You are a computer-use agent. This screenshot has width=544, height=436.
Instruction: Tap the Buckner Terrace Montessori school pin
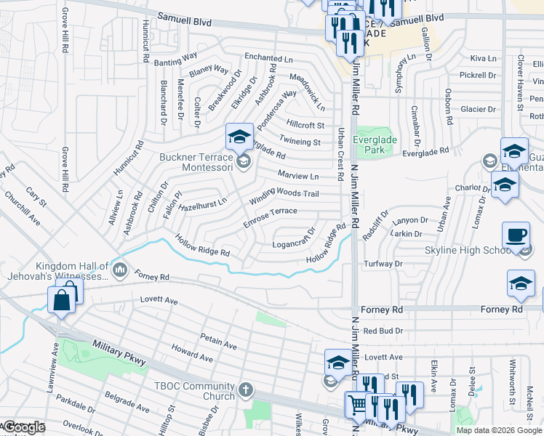coord(244,161)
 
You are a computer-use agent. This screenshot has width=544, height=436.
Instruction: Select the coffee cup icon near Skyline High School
coord(516,234)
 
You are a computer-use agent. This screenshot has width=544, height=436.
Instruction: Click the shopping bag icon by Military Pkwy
coord(61,299)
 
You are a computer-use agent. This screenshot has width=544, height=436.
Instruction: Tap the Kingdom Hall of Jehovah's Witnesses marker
coord(120,271)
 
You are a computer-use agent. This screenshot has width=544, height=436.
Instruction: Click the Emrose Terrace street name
coord(270,217)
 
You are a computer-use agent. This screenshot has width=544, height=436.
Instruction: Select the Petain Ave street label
coord(219,342)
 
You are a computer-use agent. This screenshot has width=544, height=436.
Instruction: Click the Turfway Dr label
coord(383,263)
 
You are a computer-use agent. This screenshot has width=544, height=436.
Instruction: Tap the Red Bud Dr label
coord(383,331)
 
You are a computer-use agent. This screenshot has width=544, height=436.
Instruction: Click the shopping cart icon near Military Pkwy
coord(357,404)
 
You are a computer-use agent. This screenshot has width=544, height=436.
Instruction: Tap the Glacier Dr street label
coord(477,109)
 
